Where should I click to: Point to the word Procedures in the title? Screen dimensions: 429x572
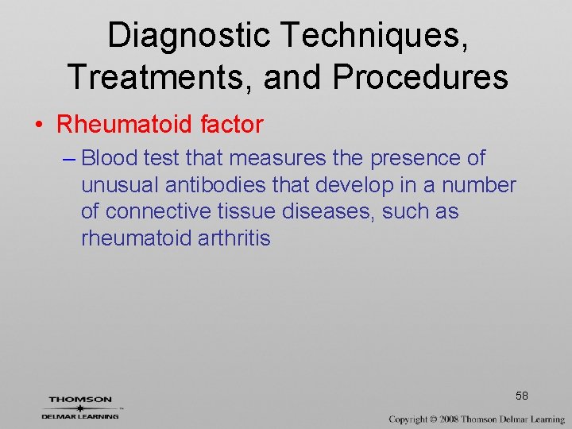(420, 77)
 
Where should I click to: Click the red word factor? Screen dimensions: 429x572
(232, 124)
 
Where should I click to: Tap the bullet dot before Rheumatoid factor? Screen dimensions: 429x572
(38, 125)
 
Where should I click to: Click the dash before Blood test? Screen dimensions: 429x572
(68, 159)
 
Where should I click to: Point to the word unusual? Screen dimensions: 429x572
(120, 186)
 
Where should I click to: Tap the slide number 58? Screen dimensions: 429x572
(522, 396)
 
